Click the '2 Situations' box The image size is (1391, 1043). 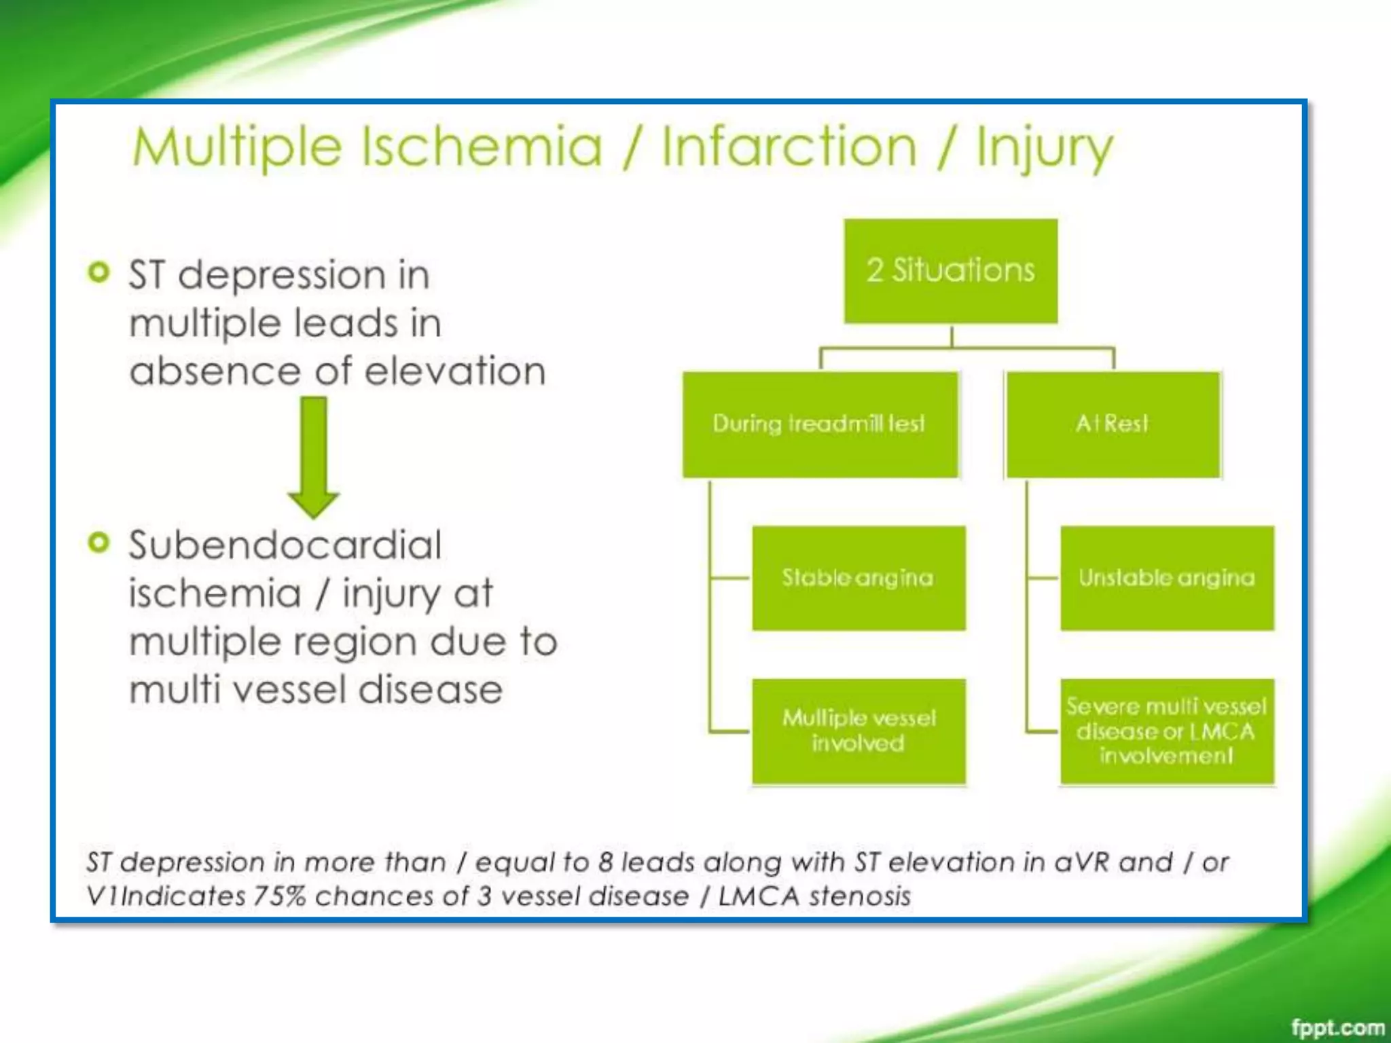pyautogui.click(x=950, y=270)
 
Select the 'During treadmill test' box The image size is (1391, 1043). pyautogui.click(x=820, y=424)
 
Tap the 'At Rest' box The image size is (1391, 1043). pyautogui.click(x=1113, y=424)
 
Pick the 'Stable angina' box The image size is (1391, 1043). pyautogui.click(x=859, y=577)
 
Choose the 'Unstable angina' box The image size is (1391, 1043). pyautogui.click(x=1167, y=577)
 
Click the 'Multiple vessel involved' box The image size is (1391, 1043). pyautogui.click(x=859, y=731)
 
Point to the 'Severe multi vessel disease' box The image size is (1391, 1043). pyautogui.click(x=1167, y=731)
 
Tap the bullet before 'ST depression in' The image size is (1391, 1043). pyautogui.click(x=99, y=272)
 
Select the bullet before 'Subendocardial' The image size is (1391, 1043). pyautogui.click(x=99, y=543)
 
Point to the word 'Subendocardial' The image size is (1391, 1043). pyautogui.click(x=285, y=545)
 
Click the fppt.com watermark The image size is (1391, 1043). pyautogui.click(x=1337, y=1027)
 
